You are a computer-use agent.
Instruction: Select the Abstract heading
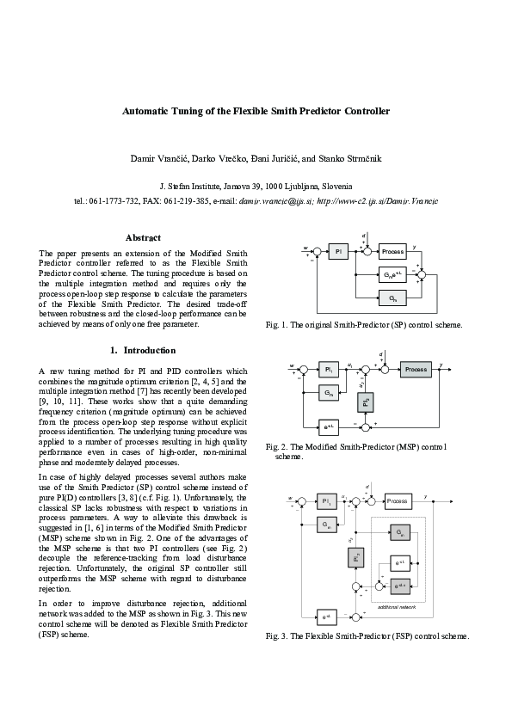(143, 237)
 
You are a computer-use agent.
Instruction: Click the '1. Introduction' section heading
(143, 350)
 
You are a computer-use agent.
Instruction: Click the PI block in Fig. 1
(340, 251)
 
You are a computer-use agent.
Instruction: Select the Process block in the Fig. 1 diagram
(392, 251)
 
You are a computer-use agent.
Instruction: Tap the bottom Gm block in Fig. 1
(392, 298)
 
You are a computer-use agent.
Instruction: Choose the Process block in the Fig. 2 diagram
(416, 369)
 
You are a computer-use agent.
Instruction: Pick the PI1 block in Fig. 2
(327, 369)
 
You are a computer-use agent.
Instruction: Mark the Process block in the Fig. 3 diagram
(397, 500)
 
